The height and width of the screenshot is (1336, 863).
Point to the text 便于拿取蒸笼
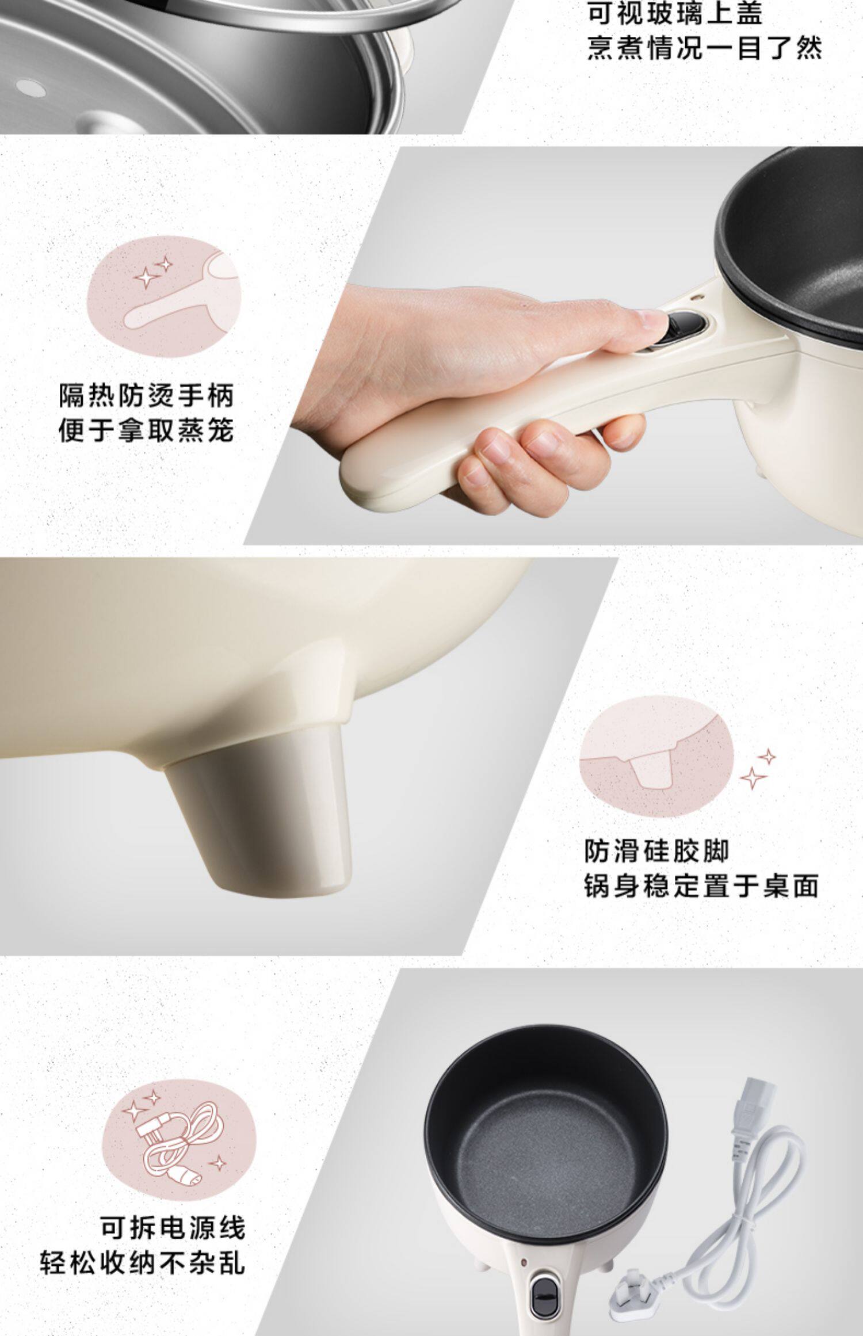coord(147,430)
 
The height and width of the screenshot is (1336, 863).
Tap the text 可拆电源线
coord(173,1227)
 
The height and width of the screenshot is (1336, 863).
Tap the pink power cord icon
coord(178,1139)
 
